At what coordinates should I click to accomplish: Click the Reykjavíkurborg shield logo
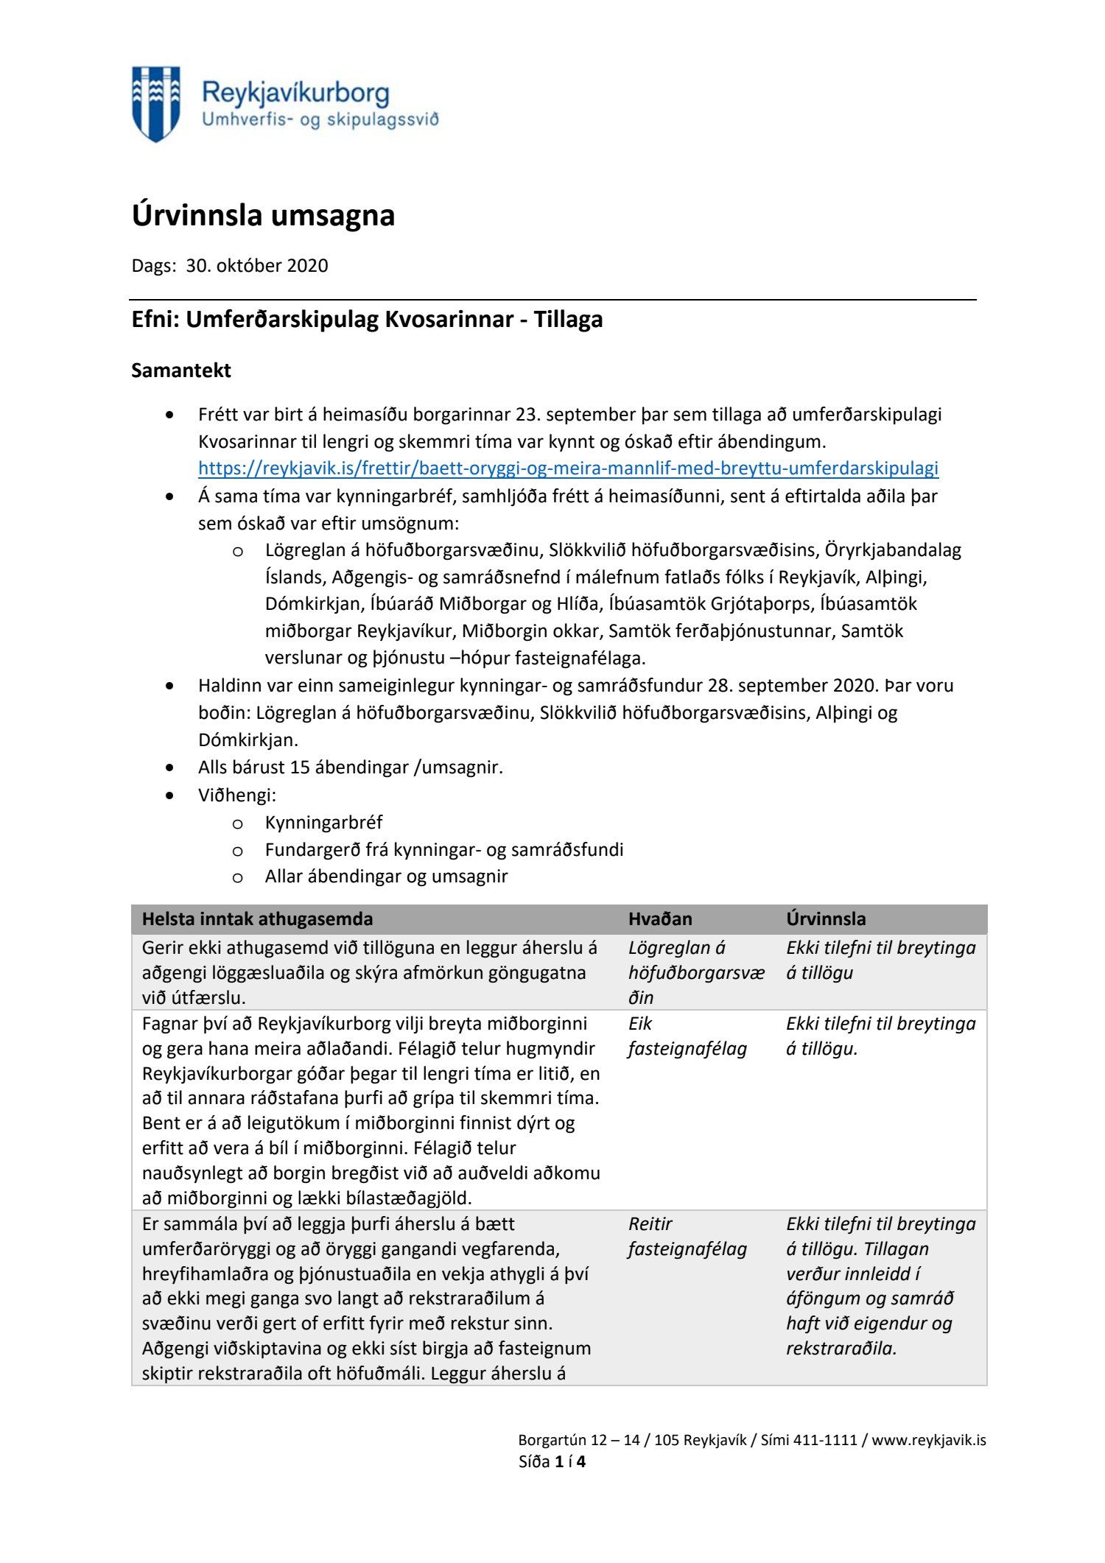coord(155,103)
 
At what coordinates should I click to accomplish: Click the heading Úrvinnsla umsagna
coord(263,215)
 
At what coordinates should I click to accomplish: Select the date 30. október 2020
coord(256,266)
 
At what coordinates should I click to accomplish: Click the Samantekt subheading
coord(181,370)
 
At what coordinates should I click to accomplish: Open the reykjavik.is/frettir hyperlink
coord(568,468)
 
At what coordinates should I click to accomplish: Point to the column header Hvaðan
coord(660,919)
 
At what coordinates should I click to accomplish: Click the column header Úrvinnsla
coord(826,919)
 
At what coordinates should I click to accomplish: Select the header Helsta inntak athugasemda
coord(257,919)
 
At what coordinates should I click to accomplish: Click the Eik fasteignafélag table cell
coord(687,1036)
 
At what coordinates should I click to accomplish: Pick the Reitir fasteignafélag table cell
coord(687,1237)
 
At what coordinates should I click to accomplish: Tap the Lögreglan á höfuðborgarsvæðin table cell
coord(696,973)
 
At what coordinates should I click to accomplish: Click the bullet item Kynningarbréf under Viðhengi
coord(323,823)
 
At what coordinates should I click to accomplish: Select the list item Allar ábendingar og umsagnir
coord(386,877)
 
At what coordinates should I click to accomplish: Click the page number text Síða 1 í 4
coord(552,1462)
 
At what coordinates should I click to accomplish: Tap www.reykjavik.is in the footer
coord(929,1440)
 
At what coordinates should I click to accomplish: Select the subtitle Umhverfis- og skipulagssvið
coord(320,119)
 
